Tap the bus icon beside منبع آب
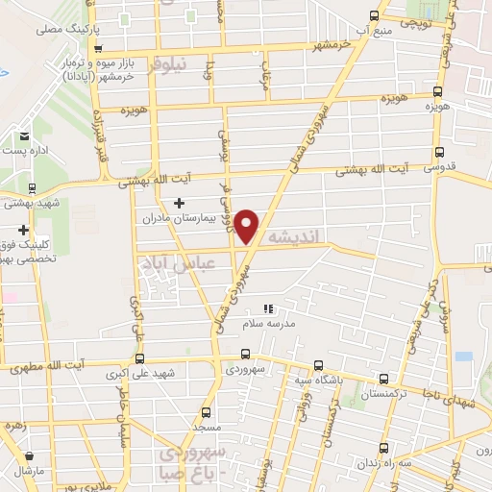point(374,16)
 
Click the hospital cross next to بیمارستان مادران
point(180,203)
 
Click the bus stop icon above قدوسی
point(440,151)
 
